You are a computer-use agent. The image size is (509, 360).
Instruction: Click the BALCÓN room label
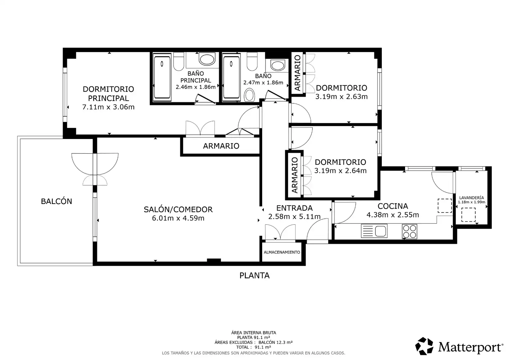point(56,201)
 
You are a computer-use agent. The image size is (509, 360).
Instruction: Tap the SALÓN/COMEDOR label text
point(178,209)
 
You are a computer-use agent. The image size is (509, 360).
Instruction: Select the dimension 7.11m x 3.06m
point(108,107)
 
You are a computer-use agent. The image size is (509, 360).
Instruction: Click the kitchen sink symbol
point(374,231)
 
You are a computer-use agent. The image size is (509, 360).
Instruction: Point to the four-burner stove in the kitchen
point(409,232)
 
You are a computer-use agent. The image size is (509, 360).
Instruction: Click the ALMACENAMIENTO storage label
point(282,252)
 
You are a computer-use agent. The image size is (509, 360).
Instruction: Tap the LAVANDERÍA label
point(471,198)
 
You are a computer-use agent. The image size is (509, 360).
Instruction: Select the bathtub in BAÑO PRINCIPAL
point(162,77)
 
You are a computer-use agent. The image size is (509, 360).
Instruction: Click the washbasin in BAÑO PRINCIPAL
point(207,59)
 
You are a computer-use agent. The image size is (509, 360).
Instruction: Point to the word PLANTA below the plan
point(254,276)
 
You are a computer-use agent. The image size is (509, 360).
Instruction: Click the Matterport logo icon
point(424,346)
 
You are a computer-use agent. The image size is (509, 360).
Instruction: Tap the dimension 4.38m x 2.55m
point(393,215)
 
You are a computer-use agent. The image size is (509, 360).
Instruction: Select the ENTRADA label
point(294,208)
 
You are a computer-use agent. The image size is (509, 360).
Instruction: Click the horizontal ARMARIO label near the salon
point(221,146)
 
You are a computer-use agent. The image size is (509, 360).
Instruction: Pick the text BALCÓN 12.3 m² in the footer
point(275,342)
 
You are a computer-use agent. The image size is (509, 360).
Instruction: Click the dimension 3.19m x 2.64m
point(340,171)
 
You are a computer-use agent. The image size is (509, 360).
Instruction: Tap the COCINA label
point(393,206)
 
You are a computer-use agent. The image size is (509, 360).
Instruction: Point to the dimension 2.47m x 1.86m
point(263,83)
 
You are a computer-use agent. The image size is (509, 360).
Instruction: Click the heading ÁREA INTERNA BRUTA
point(254,333)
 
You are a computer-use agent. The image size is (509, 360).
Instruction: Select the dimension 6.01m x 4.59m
point(178,218)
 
